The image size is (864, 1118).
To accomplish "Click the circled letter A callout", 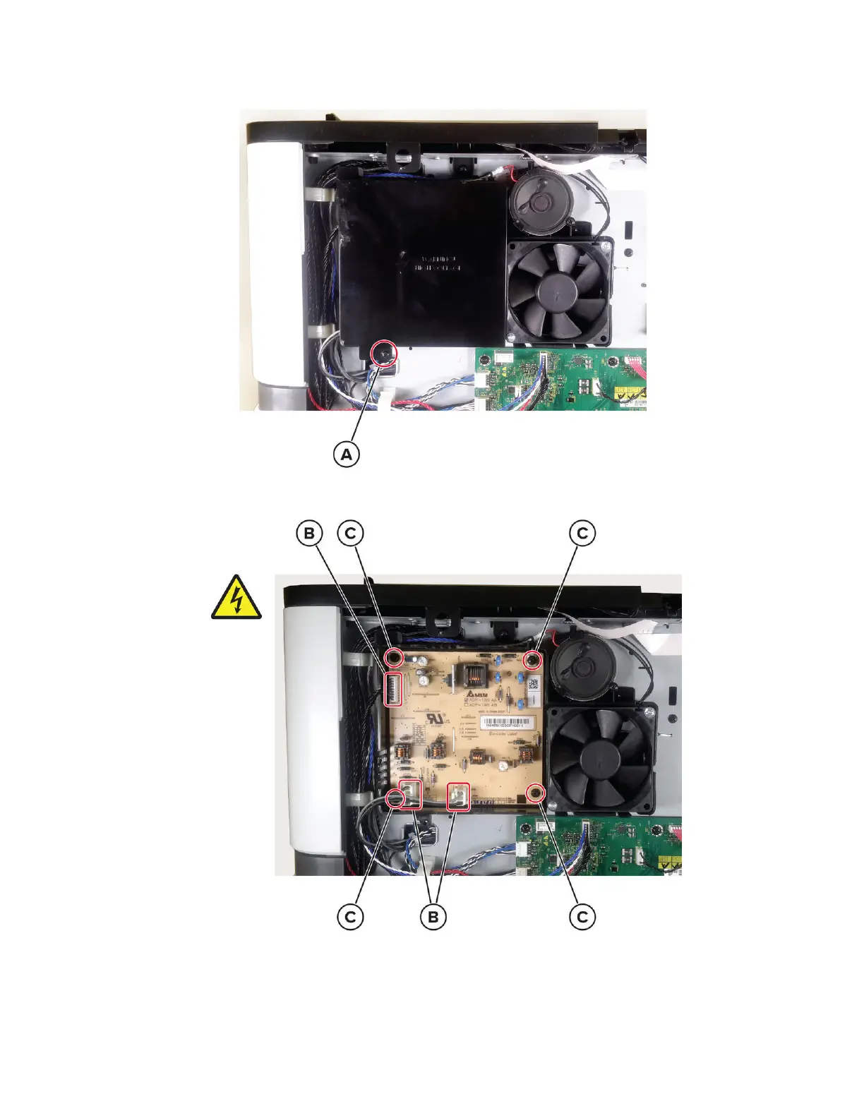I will coord(346,455).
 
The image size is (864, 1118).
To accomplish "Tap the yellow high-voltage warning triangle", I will coord(236,599).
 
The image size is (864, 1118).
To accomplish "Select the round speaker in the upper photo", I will coord(539,202).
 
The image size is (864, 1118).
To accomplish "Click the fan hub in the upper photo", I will coord(558,289).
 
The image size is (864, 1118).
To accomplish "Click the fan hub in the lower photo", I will coord(601,757).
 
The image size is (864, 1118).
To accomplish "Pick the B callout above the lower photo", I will coord(308,533).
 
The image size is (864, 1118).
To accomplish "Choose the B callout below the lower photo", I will coord(433,917).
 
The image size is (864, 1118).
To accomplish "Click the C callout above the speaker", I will coord(582,533).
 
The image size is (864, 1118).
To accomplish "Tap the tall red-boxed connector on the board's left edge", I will coord(393,689).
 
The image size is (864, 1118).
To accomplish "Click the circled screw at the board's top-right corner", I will coord(534,660).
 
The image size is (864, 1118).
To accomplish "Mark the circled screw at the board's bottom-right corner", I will coord(536,793).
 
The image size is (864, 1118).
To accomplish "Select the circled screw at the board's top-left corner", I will coord(394,658).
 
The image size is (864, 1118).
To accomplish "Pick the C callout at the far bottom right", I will coord(582,917).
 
